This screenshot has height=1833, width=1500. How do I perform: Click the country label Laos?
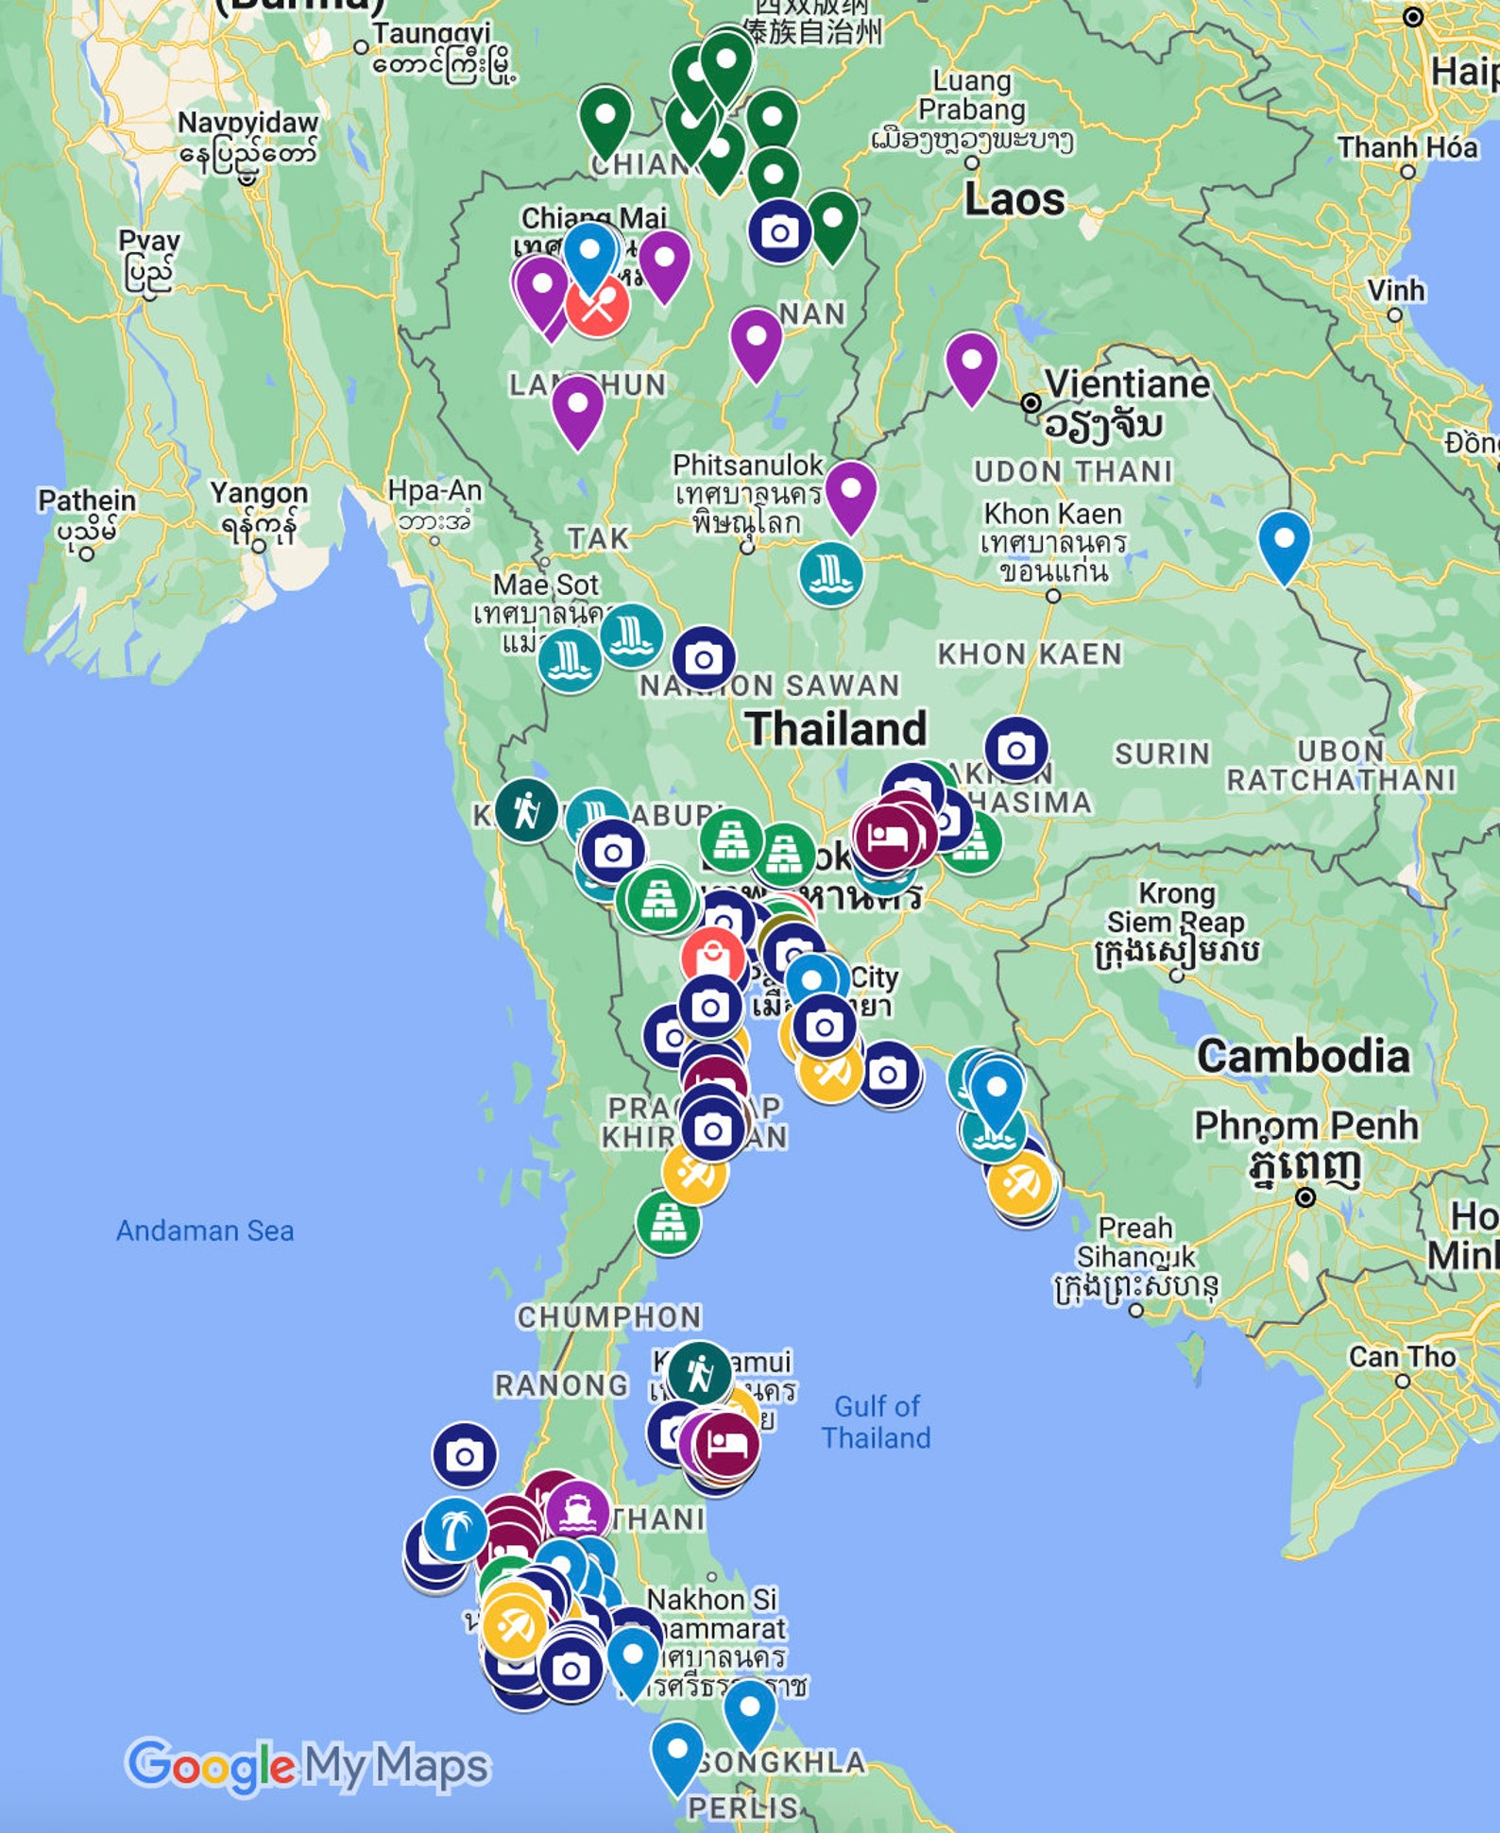[1014, 199]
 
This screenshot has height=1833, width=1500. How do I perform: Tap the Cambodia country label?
[1303, 1056]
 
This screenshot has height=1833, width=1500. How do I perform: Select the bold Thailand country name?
[836, 728]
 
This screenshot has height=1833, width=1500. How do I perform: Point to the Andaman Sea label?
[205, 1230]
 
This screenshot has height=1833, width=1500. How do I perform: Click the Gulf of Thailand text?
[876, 1421]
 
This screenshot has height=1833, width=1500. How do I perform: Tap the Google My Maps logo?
[307, 1765]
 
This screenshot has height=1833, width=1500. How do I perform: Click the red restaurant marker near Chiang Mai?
[597, 305]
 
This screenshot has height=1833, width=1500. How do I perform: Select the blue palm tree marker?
[454, 1528]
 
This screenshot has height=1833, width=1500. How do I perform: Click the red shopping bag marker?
[712, 958]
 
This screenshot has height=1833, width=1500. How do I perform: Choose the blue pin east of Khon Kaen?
[1285, 541]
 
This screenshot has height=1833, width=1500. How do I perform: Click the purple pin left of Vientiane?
[971, 363]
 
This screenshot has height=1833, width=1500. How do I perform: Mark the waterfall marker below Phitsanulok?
[830, 572]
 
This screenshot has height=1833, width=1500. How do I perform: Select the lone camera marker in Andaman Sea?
[464, 1455]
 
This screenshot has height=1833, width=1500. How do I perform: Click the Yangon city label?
[259, 494]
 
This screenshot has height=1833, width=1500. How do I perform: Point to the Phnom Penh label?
[1305, 1126]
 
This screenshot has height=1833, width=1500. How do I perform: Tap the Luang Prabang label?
[971, 95]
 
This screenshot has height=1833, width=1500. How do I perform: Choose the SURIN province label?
[1162, 754]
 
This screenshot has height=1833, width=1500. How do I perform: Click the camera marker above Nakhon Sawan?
[704, 658]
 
